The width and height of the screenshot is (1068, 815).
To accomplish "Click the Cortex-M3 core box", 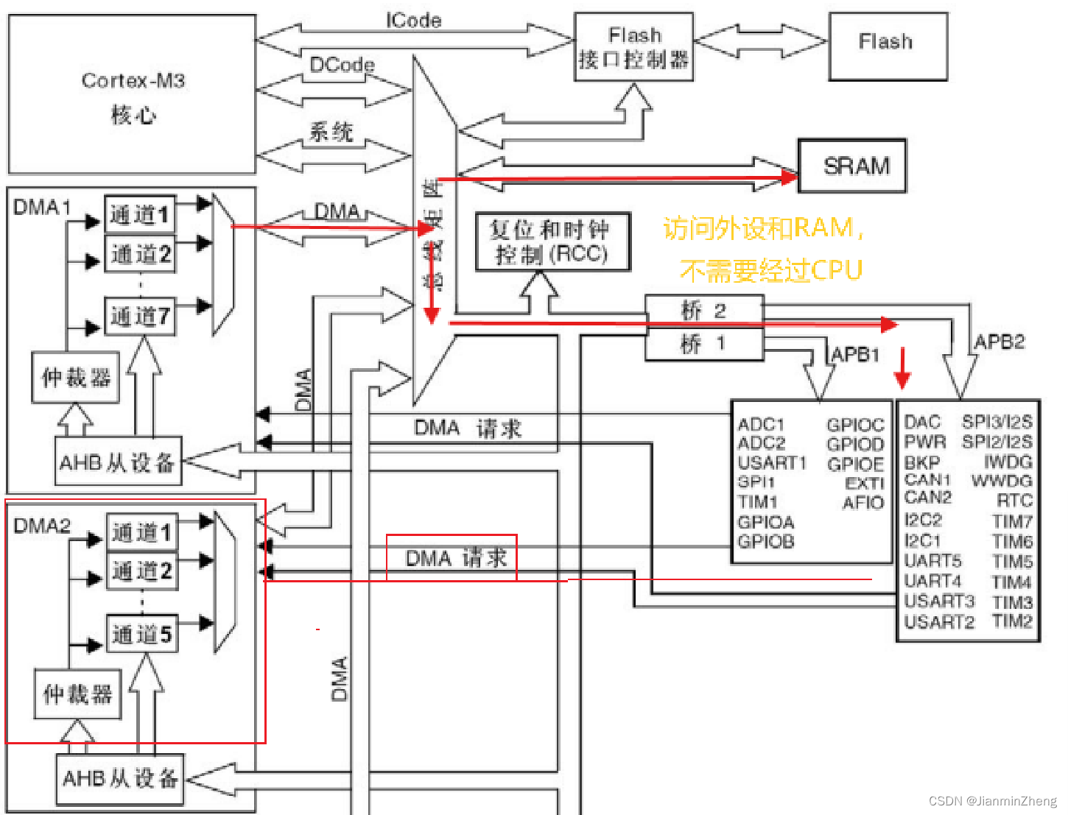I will [133, 94].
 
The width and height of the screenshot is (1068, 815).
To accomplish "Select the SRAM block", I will [852, 166].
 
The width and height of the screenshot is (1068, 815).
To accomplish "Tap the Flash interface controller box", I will [633, 47].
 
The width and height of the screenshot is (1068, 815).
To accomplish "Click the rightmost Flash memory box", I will [888, 46].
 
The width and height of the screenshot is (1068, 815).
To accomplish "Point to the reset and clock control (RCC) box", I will [552, 242].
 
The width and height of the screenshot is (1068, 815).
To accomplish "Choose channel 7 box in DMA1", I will [140, 317].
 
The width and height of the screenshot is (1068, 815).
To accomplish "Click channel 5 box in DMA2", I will [141, 634].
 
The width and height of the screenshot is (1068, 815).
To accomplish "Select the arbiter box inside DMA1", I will [75, 378].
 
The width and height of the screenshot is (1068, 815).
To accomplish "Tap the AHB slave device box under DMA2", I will [120, 778].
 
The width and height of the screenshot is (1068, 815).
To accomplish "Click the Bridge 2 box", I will [703, 310].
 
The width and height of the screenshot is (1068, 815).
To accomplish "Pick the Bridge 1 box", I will [703, 344].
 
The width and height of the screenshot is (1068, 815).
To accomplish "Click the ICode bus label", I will [413, 21].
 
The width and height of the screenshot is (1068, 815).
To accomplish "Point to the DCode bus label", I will [342, 65].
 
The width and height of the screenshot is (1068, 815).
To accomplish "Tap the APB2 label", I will [999, 342].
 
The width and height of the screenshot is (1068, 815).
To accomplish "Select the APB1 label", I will [855, 355].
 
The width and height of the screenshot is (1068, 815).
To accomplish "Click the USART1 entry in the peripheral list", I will [772, 463].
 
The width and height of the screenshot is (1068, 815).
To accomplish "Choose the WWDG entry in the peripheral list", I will [1002, 481].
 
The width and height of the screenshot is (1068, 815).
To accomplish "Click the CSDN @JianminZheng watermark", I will [992, 801].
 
